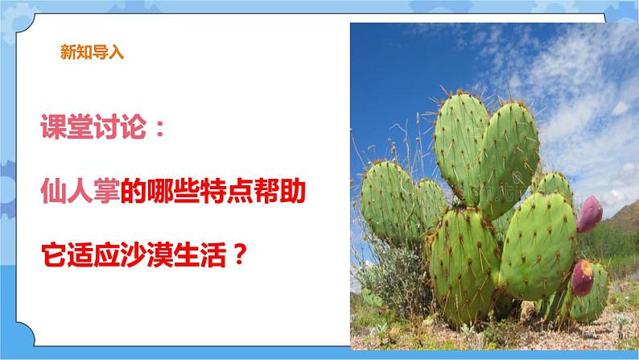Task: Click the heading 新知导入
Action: coord(91,55)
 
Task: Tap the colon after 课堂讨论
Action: coord(158,129)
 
